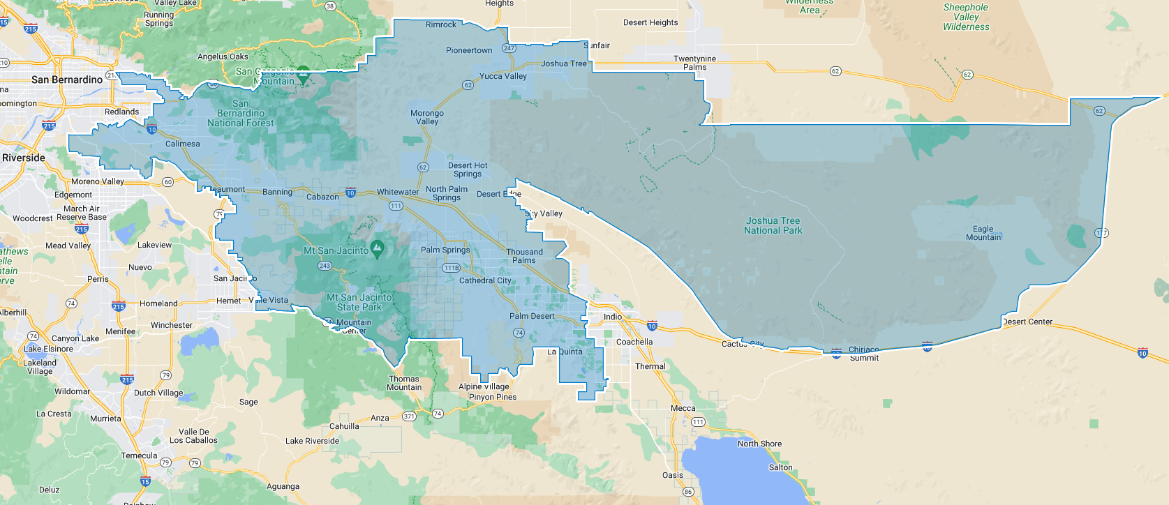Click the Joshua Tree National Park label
tap(773, 225)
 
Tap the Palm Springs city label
tap(445, 250)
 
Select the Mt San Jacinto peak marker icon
tap(377, 247)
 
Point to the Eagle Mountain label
tap(983, 233)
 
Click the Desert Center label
tap(1027, 322)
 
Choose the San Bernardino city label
tap(67, 80)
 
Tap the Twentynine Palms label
tap(694, 63)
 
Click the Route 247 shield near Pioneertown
tap(509, 49)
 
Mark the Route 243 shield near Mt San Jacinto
tap(325, 266)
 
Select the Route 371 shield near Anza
tap(409, 416)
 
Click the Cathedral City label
tap(485, 280)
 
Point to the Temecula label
tap(139, 455)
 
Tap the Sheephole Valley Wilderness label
tap(966, 17)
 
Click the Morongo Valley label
tap(427, 117)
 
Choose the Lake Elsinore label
tap(48, 349)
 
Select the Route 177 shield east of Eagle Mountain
tap(1101, 233)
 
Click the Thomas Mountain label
tap(404, 383)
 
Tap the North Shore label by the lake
tap(759, 444)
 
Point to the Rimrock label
tap(441, 24)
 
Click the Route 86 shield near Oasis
tap(688, 492)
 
